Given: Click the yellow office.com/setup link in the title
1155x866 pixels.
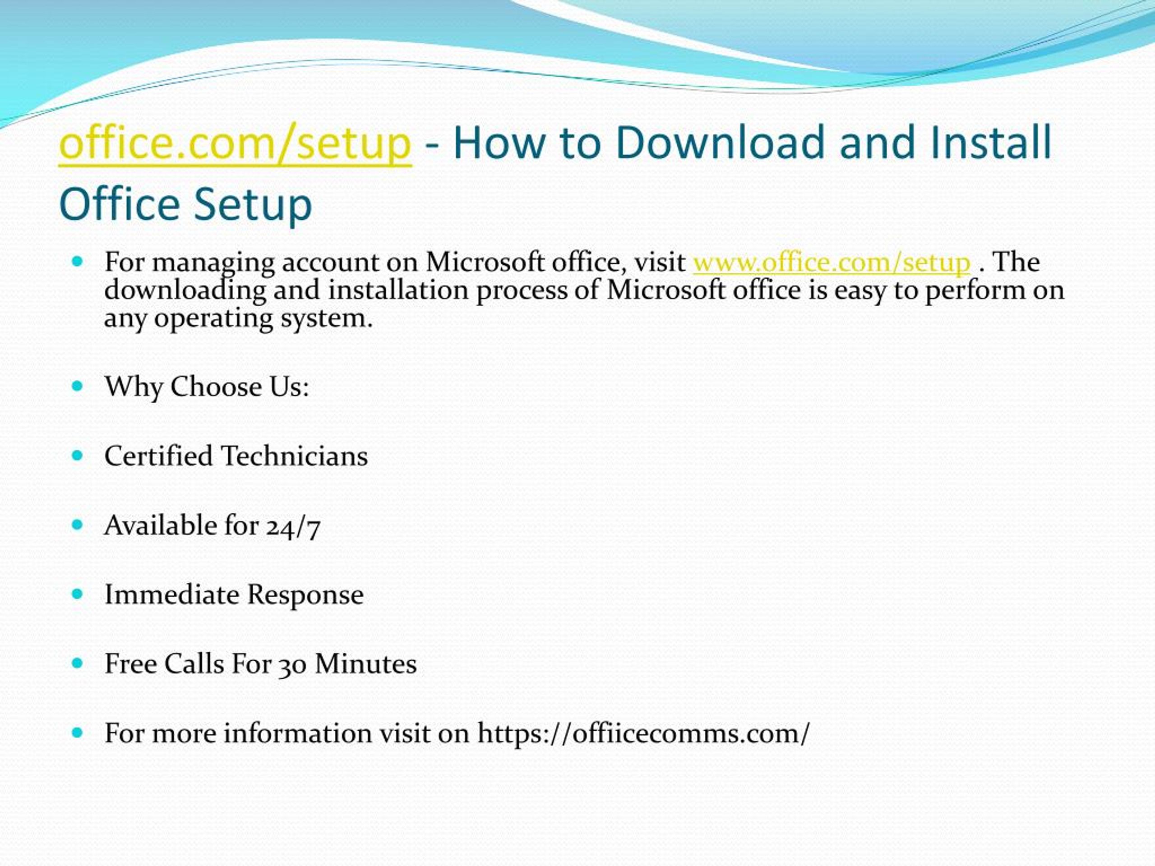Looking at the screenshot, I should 235,143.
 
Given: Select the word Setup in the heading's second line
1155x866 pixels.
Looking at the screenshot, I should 253,205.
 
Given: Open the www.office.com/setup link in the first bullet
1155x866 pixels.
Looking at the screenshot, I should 831,263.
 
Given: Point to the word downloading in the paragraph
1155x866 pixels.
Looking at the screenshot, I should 185,290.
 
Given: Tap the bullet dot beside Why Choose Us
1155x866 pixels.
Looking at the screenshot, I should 78,386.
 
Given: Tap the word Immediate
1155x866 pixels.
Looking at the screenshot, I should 172,595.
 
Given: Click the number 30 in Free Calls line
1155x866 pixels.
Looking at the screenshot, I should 292,665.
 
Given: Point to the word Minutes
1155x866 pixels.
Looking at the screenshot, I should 365,664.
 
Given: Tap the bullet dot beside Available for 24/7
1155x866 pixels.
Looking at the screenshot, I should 78,525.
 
